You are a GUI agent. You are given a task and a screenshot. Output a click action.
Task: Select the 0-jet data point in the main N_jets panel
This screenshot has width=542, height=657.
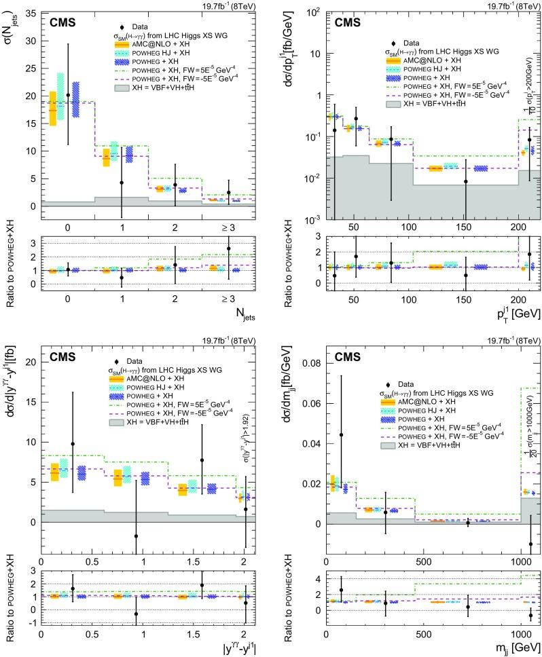pyautogui.click(x=68, y=94)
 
